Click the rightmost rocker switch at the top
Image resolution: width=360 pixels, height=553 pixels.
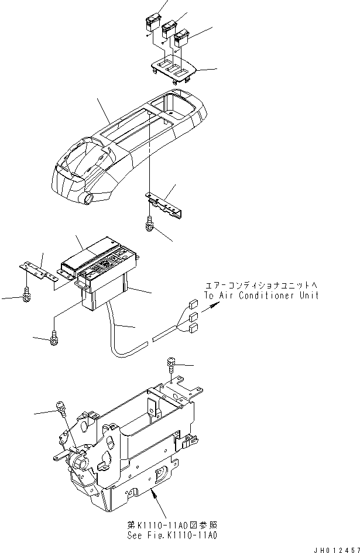click(181, 39)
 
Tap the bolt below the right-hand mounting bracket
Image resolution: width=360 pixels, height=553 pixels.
click(150, 223)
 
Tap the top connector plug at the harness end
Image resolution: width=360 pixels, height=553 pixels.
click(192, 304)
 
